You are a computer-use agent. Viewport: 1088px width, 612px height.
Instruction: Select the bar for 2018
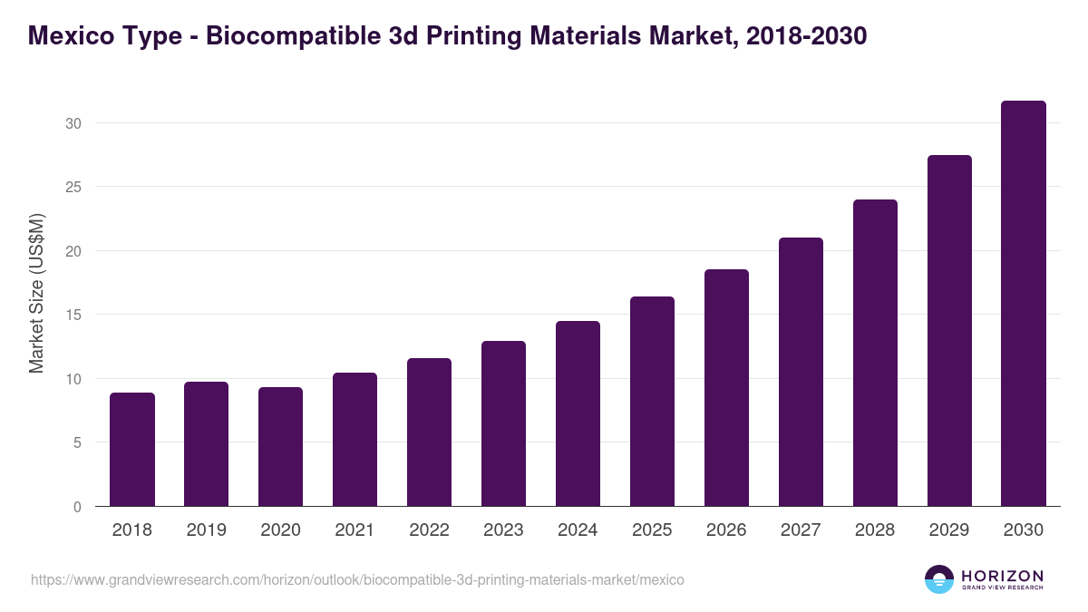coord(132,450)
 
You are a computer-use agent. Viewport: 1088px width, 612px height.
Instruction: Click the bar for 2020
coord(281,447)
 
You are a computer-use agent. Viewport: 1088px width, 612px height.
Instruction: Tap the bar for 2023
coord(503,423)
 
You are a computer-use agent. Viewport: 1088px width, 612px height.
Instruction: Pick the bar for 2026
coord(726,388)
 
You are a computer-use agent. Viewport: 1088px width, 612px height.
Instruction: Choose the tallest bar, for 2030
coord(1024,304)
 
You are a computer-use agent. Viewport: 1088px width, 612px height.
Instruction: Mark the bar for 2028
coord(875,353)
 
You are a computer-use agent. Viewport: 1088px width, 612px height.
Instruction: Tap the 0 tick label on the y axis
coord(77,507)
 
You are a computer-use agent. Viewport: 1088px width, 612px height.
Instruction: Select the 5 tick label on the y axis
coord(77,442)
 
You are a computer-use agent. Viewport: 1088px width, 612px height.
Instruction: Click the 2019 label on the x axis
coord(207,530)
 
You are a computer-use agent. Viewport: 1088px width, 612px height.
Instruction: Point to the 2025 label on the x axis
coord(652,530)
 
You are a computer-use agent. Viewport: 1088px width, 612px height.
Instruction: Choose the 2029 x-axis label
coord(949,530)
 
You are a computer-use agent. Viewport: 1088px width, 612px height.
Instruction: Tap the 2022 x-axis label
coord(429,530)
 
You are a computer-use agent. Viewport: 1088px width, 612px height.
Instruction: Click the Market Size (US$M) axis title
coord(37,294)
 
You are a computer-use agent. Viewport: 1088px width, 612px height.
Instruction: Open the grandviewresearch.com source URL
coord(357,579)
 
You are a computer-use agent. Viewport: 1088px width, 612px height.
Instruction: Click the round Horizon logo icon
coord(939,579)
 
